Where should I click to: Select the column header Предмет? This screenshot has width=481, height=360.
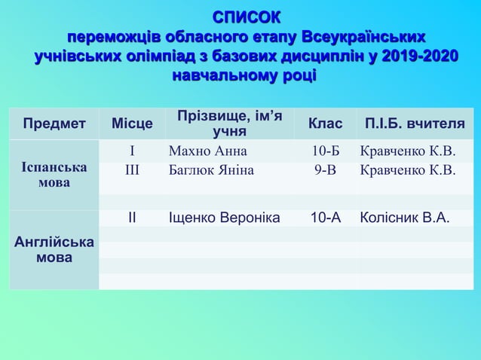[x=54, y=124]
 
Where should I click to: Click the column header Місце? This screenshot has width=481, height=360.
[x=132, y=124]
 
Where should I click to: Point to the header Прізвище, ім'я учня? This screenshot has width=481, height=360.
[x=230, y=124]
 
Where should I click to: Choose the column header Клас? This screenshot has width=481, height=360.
[x=326, y=124]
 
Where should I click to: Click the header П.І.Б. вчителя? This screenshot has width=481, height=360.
[x=415, y=124]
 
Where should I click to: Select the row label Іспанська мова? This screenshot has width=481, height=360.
[x=53, y=175]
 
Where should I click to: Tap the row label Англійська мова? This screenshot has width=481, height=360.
[x=54, y=250]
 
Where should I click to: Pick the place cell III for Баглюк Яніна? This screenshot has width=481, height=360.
[x=132, y=169]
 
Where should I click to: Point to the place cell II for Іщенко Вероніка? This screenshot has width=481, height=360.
[x=132, y=218]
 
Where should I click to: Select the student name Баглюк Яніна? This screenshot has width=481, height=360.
[x=211, y=169]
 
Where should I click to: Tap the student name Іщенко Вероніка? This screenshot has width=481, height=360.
[x=225, y=218]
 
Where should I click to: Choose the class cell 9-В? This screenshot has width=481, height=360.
[x=326, y=169]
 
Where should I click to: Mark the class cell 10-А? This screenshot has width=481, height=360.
[x=326, y=218]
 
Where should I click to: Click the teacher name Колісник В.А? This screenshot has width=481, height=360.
[x=406, y=218]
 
